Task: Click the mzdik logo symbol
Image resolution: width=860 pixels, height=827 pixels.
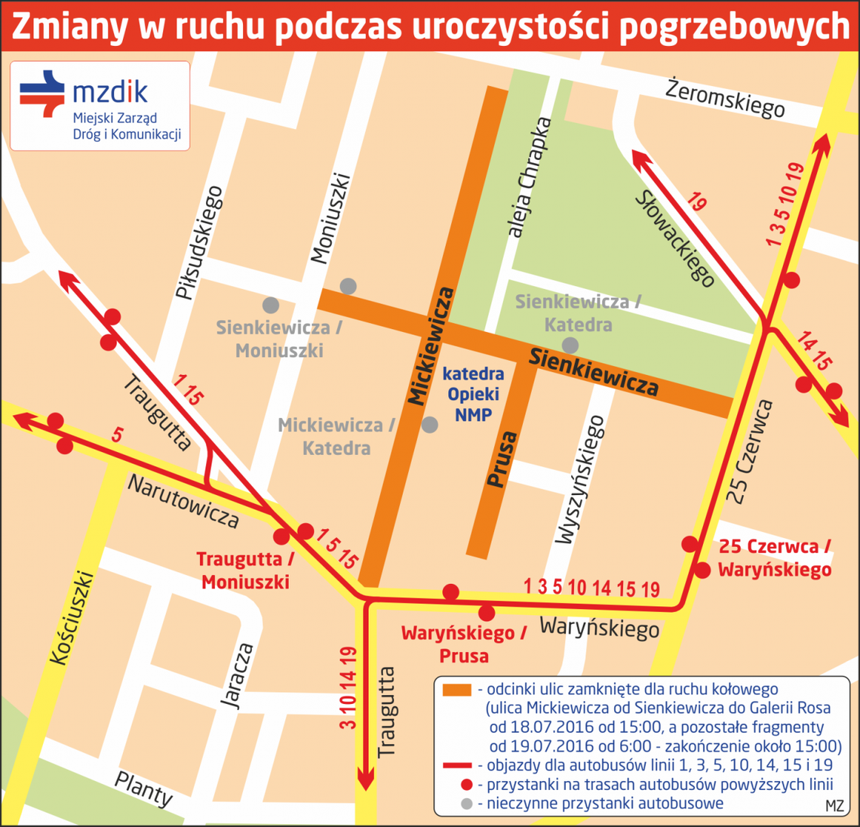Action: click(x=42, y=94)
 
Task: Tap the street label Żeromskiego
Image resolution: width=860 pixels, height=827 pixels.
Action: click(x=725, y=98)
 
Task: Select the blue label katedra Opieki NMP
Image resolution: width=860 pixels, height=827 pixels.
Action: click(x=473, y=394)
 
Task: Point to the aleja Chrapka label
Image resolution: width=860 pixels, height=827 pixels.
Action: click(x=530, y=178)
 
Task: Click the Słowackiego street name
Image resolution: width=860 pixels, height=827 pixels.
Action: click(x=674, y=238)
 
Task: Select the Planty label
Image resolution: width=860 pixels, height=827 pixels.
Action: click(x=143, y=788)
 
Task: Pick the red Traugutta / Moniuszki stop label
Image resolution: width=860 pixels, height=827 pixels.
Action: click(x=244, y=570)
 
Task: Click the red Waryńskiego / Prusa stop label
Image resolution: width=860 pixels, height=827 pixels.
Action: click(x=463, y=644)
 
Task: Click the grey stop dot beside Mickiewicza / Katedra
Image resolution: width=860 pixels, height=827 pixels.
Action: click(x=429, y=425)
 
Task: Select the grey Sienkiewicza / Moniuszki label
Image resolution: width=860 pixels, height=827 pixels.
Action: click(x=279, y=339)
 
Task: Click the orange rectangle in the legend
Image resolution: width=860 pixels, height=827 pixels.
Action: click(x=456, y=690)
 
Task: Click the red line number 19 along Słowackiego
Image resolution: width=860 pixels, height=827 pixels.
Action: click(x=697, y=202)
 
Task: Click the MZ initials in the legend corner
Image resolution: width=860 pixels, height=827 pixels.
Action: click(x=834, y=805)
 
